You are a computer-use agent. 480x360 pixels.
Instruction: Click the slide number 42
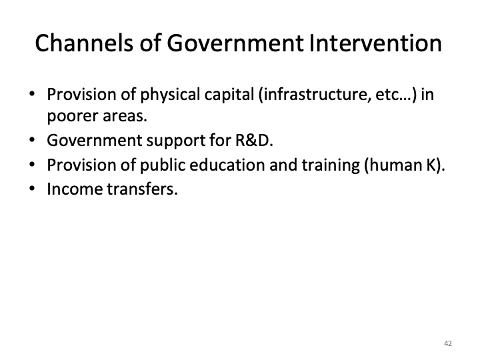(447, 343)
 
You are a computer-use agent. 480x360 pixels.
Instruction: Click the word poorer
(70, 117)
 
